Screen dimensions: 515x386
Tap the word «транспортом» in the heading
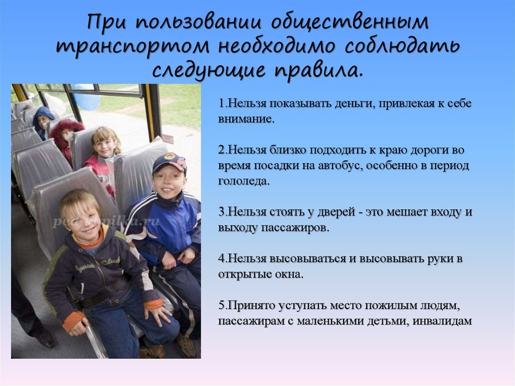(x=132, y=47)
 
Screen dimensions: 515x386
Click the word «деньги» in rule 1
(x=355, y=103)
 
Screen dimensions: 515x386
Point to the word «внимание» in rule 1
(x=245, y=119)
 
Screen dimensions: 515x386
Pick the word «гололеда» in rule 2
(x=243, y=181)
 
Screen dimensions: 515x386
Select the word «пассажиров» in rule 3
(x=295, y=227)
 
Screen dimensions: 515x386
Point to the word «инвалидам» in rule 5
(x=442, y=321)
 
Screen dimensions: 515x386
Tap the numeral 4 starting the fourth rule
(x=221, y=259)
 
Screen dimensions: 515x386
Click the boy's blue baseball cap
(x=169, y=162)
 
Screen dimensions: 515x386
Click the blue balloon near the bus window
(x=87, y=98)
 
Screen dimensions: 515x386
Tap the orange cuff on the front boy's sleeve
(x=73, y=321)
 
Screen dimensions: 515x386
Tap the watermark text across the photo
(x=106, y=221)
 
